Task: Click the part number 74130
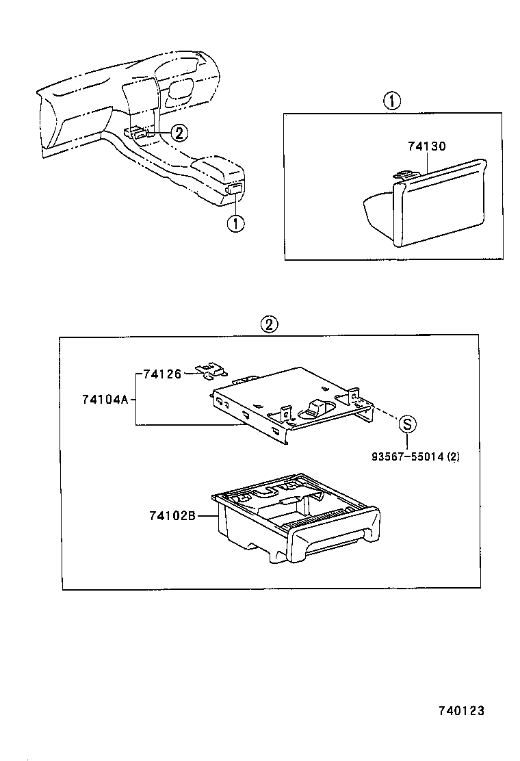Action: tap(426, 146)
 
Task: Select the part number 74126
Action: tap(162, 374)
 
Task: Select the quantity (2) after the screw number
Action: tap(452, 458)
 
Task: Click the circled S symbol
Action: tap(406, 424)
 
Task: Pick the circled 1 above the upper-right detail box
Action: tap(391, 102)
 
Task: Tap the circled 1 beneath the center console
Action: tap(235, 223)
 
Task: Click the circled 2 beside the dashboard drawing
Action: tap(177, 132)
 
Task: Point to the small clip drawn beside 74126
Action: tap(212, 370)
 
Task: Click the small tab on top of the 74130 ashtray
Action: tap(406, 176)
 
